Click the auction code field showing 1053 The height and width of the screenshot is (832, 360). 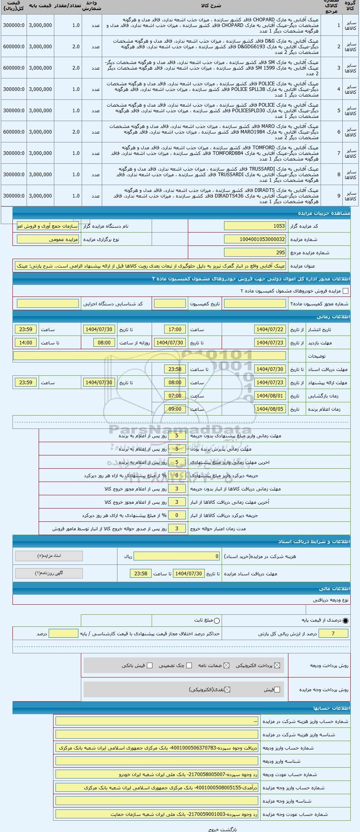coord(255,226)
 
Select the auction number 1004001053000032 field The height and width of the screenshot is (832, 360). coord(255,239)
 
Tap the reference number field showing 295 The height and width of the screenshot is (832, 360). coord(255,253)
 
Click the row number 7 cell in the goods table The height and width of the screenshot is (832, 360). coord(339,153)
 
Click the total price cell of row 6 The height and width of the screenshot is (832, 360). coord(14,132)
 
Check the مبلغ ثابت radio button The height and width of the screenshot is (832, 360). coord(217,621)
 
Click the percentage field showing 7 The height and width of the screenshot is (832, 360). coord(333,634)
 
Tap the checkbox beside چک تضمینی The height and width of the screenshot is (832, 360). coord(189,665)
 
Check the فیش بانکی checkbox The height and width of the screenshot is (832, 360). coord(150,665)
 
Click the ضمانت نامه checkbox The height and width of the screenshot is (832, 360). coord(226,665)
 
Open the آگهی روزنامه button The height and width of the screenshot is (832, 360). coord(49,573)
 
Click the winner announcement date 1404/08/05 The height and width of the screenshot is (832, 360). coord(270,409)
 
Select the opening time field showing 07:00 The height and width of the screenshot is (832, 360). coord(175,396)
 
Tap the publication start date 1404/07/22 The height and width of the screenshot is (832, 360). coord(270,330)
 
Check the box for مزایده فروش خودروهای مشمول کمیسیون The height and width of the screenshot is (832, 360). coord(345,291)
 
